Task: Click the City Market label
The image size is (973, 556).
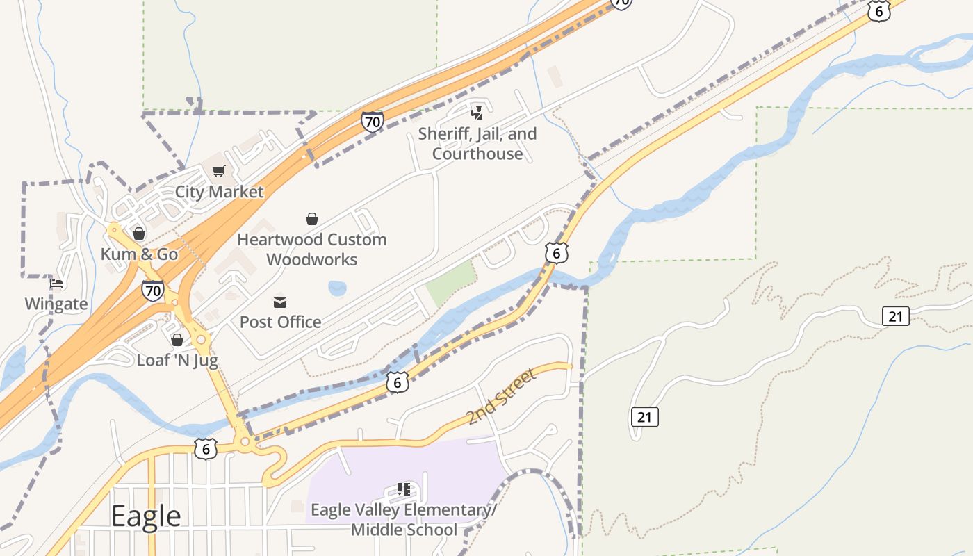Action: pyautogui.click(x=219, y=192)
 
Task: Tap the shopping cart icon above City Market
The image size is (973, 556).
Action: pyautogui.click(x=219, y=171)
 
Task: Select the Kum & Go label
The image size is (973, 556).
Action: pyautogui.click(x=139, y=254)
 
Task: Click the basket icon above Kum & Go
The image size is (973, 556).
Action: pyautogui.click(x=139, y=234)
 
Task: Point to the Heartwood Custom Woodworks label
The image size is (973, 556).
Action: pyautogui.click(x=312, y=250)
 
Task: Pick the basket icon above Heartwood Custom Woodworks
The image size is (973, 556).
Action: pyautogui.click(x=312, y=219)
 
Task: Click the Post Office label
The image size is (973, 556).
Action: pyautogui.click(x=280, y=322)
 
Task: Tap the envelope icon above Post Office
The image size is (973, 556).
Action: pyautogui.click(x=280, y=302)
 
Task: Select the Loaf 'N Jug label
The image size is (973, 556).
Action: pyautogui.click(x=177, y=360)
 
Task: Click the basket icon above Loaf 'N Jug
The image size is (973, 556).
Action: pyautogui.click(x=177, y=339)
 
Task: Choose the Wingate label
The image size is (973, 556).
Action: pyautogui.click(x=56, y=304)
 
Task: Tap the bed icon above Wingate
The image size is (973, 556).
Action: pyautogui.click(x=56, y=284)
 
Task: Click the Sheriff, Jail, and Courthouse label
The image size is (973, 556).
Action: pyautogui.click(x=477, y=144)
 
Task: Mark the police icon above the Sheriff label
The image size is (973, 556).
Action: pyautogui.click(x=477, y=113)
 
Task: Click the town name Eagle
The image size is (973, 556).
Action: pyautogui.click(x=146, y=516)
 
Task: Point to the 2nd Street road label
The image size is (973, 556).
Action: pyautogui.click(x=501, y=397)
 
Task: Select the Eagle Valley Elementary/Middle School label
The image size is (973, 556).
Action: pyautogui.click(x=404, y=520)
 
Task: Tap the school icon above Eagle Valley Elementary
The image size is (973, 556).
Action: pyautogui.click(x=404, y=489)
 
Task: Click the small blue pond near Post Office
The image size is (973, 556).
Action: pyautogui.click(x=337, y=288)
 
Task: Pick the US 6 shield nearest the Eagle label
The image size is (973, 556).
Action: pyautogui.click(x=206, y=449)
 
